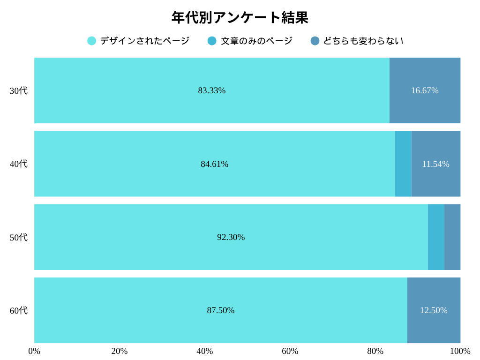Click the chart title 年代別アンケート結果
pyautogui.click(x=240, y=18)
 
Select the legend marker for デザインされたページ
pyautogui.click(x=92, y=41)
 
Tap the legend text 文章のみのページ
pyautogui.click(x=257, y=41)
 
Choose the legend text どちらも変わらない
pyautogui.click(x=363, y=41)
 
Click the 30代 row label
pyautogui.click(x=19, y=90)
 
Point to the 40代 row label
pyautogui.click(x=19, y=164)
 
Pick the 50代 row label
pyautogui.click(x=19, y=237)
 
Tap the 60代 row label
pyautogui.click(x=19, y=310)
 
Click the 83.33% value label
pyautogui.click(x=212, y=90)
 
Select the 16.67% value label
pyautogui.click(x=425, y=90)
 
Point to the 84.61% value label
pyautogui.click(x=215, y=164)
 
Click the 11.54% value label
pyautogui.click(x=435, y=164)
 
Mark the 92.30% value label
pyautogui.click(x=231, y=237)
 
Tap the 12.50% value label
pyautogui.click(x=434, y=310)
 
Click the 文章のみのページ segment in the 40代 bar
pyautogui.click(x=403, y=164)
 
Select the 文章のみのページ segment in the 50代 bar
pyautogui.click(x=436, y=237)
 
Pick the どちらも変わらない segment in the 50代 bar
pyautogui.click(x=452, y=237)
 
